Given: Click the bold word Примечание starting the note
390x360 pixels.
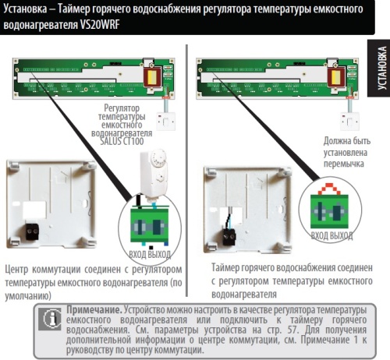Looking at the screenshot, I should click(x=94, y=309).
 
